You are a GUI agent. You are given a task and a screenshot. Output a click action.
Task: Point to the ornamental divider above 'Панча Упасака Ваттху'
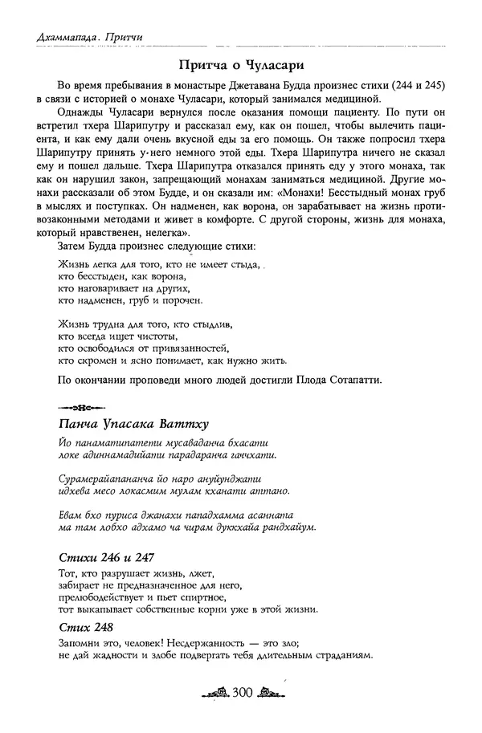[84, 405]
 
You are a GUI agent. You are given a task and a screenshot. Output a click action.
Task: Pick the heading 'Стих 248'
[86, 626]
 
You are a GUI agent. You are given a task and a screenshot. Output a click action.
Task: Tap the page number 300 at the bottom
[241, 692]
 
